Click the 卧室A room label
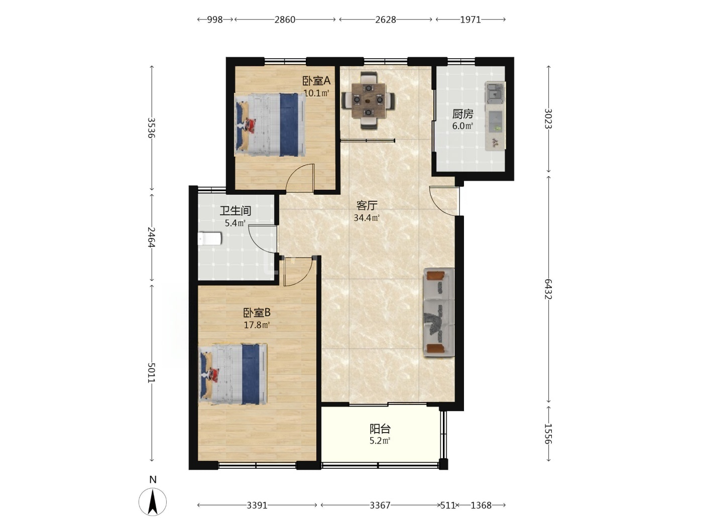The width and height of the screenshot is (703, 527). (x=316, y=81)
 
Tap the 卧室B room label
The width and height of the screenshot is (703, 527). (x=257, y=312)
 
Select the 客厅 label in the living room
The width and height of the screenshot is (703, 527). (x=367, y=205)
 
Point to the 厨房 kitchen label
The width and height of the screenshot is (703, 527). (x=462, y=114)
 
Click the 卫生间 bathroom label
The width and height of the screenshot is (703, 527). (x=235, y=211)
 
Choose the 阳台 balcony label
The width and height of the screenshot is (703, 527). (x=380, y=429)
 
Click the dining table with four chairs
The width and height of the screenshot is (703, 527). (x=368, y=100)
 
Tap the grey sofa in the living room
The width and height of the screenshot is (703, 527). (x=439, y=312)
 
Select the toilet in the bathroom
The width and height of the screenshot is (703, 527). (x=210, y=239)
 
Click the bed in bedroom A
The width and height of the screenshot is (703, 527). (x=270, y=124)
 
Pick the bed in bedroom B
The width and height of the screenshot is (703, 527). (x=233, y=374)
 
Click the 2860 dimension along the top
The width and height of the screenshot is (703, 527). (x=285, y=20)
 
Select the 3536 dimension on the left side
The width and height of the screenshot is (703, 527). (x=151, y=127)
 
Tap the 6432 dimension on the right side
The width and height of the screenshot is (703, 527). (x=548, y=289)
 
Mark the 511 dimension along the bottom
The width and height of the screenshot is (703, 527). (x=448, y=505)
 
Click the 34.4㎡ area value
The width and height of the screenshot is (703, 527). (x=367, y=218)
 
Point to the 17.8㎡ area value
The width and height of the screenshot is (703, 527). (x=257, y=325)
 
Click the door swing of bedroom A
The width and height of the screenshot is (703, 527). (x=300, y=178)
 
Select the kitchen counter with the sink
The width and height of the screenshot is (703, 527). (x=495, y=116)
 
